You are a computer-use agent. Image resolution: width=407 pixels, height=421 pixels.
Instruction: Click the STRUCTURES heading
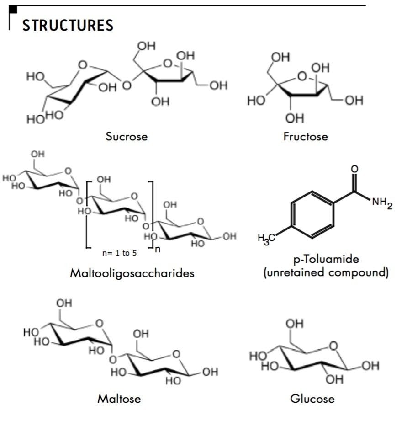68,25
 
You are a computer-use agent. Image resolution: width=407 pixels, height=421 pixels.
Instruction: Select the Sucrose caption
127,136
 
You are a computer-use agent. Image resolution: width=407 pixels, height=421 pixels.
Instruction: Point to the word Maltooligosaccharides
132,273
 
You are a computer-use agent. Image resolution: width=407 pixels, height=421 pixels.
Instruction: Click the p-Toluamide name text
326,259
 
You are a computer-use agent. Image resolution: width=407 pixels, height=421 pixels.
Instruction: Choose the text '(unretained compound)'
326,273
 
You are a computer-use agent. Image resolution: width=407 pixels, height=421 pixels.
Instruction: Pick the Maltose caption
119,398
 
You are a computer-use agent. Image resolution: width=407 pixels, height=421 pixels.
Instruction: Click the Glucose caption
312,398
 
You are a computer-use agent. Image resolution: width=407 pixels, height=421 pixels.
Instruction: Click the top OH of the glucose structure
295,324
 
